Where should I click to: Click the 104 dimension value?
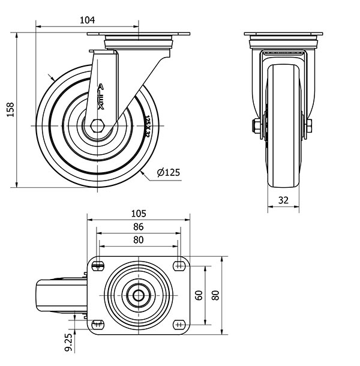pos(88,20)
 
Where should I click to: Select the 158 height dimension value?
pos(10,109)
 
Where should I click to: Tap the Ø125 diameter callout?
pos(169,172)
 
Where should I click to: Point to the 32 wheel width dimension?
pos(283,200)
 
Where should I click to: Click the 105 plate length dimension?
pos(139,214)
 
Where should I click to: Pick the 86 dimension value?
pos(139,227)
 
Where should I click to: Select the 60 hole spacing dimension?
pos(199,295)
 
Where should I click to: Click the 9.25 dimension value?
pos(68,342)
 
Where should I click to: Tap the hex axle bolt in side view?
pos(98,126)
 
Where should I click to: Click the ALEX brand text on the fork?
pos(101,97)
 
